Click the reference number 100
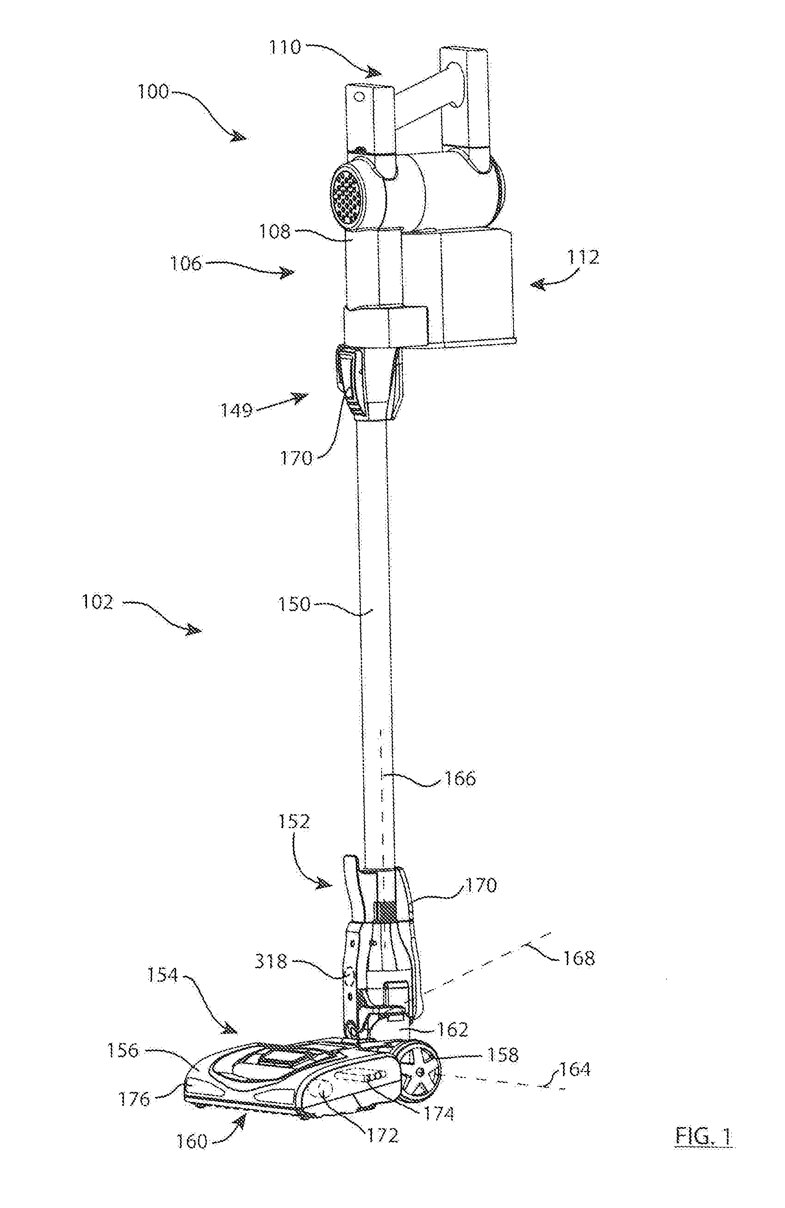coord(153,92)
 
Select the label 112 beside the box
coord(584,257)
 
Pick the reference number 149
coord(236,409)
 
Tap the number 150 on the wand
coord(294,605)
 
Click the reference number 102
coord(98,602)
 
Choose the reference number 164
coord(575,1070)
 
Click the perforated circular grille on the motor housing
coord(349,194)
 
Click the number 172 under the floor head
coord(383,1135)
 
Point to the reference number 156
coord(122,1050)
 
